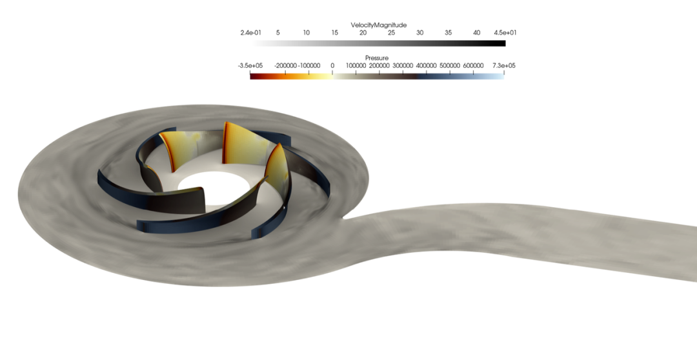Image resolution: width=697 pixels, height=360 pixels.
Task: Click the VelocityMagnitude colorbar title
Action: tap(378, 25)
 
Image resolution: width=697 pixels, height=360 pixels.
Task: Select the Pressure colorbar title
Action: tap(376, 58)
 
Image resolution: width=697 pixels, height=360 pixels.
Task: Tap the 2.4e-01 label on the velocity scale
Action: tap(250, 32)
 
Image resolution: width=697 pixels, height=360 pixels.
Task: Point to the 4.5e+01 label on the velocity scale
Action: tap(505, 32)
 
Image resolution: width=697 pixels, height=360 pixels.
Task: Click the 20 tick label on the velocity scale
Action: tap(363, 32)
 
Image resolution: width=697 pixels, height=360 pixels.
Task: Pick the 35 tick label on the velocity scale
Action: tap(448, 32)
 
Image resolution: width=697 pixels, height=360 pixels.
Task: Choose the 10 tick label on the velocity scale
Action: tap(307, 32)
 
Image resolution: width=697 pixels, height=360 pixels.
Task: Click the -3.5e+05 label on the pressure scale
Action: tap(250, 65)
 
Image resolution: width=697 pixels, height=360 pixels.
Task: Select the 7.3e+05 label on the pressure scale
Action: tap(503, 65)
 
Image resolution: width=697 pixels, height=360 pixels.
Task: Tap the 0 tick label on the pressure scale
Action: tap(332, 65)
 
